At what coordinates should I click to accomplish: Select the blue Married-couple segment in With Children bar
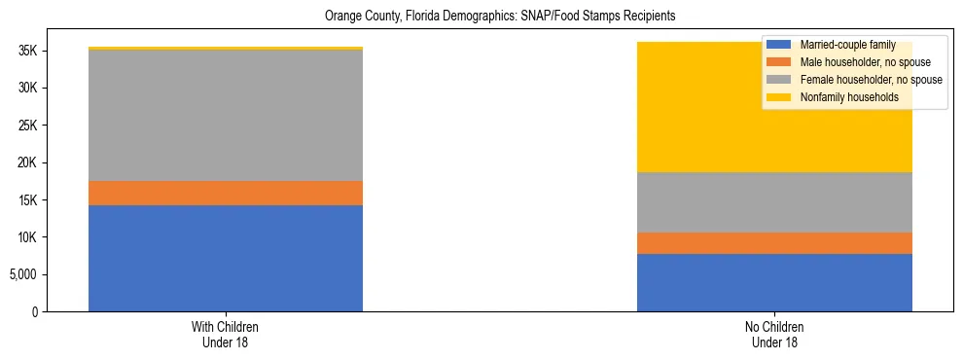[226, 258]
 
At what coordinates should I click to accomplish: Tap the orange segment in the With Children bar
[226, 193]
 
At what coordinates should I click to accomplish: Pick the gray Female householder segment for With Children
[226, 115]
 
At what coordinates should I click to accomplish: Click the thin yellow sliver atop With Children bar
[226, 48]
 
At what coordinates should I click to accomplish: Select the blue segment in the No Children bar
[774, 282]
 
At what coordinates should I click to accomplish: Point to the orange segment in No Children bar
[774, 243]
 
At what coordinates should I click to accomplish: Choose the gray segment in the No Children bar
[774, 202]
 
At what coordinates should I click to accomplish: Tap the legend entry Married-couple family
[847, 46]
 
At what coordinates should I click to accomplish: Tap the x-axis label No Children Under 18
[774, 335]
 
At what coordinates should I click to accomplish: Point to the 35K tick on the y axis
[28, 52]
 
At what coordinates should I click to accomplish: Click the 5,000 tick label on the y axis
[24, 274]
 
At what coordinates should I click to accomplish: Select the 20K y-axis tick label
[28, 163]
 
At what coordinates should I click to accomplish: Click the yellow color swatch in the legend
[778, 97]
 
